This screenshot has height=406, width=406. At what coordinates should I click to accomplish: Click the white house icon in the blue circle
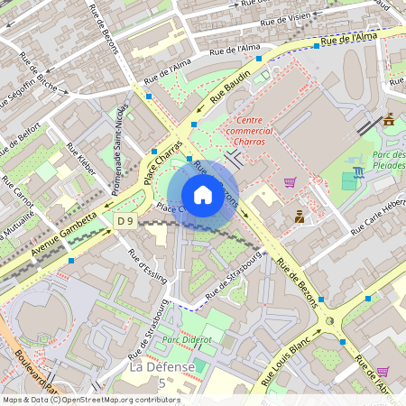[x=203, y=195]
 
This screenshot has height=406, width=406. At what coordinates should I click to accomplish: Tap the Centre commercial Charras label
[x=262, y=131]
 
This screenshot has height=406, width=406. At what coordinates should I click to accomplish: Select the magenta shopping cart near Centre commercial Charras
[x=290, y=181]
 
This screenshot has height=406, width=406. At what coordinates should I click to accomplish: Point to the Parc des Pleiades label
[x=389, y=161]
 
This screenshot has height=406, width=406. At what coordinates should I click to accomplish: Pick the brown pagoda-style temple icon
[x=389, y=119]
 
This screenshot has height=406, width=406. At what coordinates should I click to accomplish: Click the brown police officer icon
[x=300, y=216]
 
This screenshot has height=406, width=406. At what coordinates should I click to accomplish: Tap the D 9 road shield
[x=125, y=221]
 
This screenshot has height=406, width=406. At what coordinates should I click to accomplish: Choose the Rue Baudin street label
[x=230, y=87]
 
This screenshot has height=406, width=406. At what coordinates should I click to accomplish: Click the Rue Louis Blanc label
[x=288, y=362]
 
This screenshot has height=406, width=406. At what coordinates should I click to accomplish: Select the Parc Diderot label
[x=186, y=339]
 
